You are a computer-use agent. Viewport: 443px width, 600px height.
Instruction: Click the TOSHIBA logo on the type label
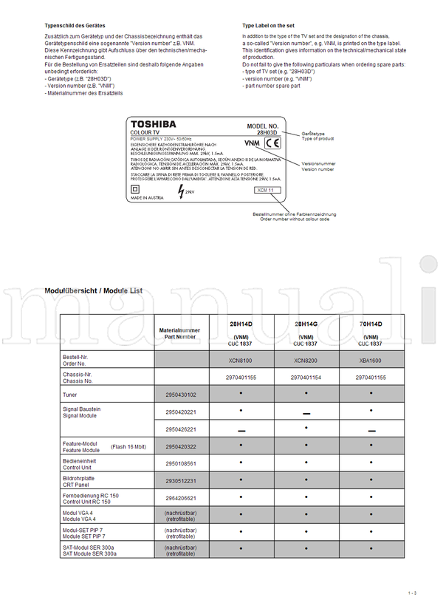pos(154,124)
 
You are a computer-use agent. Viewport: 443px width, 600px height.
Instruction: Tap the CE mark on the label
pos(272,143)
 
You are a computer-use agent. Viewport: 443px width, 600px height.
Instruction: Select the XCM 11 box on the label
pos(265,190)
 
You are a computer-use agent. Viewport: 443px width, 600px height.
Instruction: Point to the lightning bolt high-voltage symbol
pos(181,191)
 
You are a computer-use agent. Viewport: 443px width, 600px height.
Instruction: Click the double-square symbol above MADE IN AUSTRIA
pos(135,188)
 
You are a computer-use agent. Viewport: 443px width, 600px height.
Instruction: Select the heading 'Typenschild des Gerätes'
pos(73,25)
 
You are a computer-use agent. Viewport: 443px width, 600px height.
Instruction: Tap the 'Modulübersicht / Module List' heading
pos(94,290)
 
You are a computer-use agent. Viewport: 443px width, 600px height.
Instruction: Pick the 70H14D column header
pos(370,324)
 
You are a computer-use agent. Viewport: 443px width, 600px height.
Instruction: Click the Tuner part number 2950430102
pos(180,395)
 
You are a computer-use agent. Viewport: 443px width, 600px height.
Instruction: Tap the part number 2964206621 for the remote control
pos(180,498)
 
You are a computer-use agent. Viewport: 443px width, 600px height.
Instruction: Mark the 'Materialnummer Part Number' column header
pos(180,333)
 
